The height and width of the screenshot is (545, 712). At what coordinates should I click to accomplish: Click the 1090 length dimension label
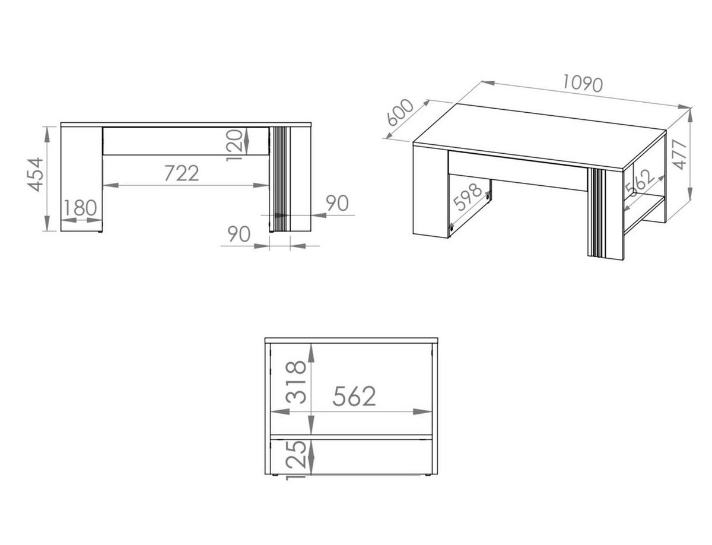coord(583,84)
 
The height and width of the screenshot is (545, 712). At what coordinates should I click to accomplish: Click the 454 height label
coord(36,174)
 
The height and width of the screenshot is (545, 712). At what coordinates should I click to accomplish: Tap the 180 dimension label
coord(80,208)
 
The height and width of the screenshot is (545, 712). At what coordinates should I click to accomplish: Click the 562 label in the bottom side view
coord(354,397)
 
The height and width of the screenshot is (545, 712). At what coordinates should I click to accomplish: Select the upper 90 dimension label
coord(337,203)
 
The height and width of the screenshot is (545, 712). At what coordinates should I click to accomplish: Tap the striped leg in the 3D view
coord(598,214)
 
